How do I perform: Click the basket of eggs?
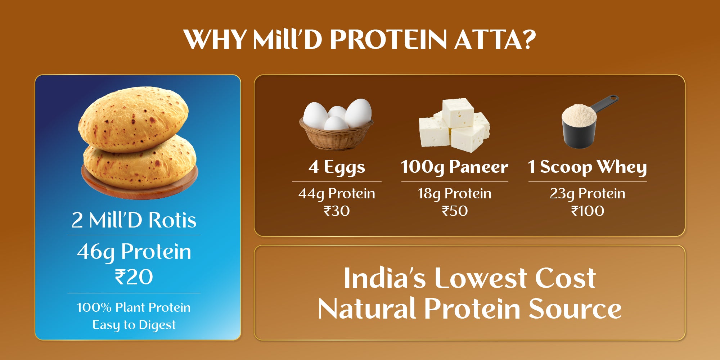(x=336, y=137)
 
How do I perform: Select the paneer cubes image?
(x=454, y=124)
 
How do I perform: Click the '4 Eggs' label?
(x=337, y=167)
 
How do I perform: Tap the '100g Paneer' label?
(x=454, y=167)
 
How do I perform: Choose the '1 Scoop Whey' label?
(x=587, y=167)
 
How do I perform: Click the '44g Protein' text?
(x=337, y=194)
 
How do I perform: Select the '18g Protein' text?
(x=454, y=194)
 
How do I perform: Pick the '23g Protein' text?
(x=587, y=194)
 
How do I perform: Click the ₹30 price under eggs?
(x=337, y=211)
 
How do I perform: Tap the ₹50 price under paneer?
(x=455, y=211)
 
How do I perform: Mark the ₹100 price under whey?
(x=588, y=211)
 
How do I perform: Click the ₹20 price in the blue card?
(x=134, y=277)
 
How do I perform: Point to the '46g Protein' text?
(x=134, y=252)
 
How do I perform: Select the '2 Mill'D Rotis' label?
(x=134, y=220)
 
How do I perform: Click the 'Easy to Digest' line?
(x=134, y=325)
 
